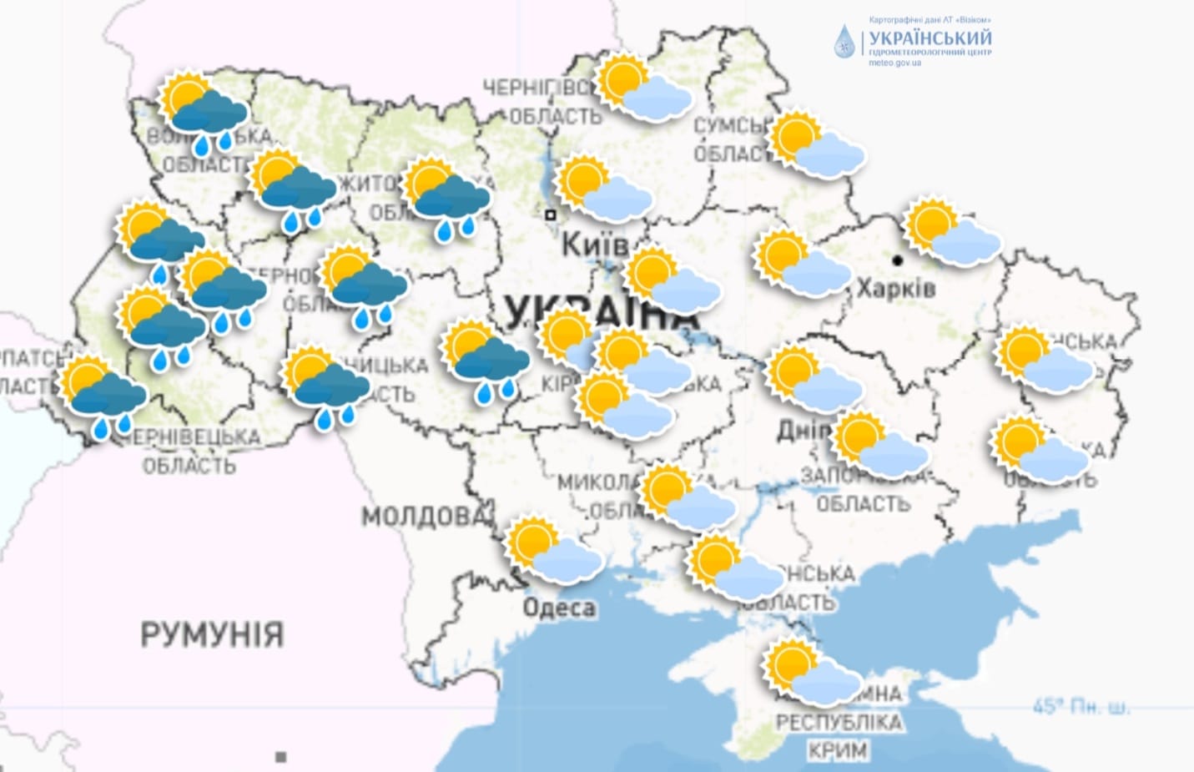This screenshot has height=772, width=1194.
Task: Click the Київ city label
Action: click(593, 245)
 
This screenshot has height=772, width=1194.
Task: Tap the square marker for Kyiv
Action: click(551, 214)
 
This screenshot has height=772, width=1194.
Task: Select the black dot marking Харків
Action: click(898, 260)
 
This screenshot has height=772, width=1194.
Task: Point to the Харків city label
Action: click(896, 288)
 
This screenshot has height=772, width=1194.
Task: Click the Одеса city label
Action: click(559, 608)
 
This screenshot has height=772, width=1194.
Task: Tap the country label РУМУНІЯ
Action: click(212, 634)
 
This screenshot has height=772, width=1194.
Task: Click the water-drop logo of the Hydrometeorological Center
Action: click(844, 41)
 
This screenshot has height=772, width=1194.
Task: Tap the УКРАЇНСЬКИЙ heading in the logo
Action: click(930, 38)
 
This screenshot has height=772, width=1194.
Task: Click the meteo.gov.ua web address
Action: click(894, 63)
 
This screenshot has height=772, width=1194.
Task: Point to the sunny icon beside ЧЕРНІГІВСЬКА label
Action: click(643, 87)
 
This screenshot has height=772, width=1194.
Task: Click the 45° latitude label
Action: click(1081, 707)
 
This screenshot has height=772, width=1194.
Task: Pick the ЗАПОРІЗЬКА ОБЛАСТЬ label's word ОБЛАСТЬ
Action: click(863, 504)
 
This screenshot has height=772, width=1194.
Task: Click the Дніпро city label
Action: click(804, 430)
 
